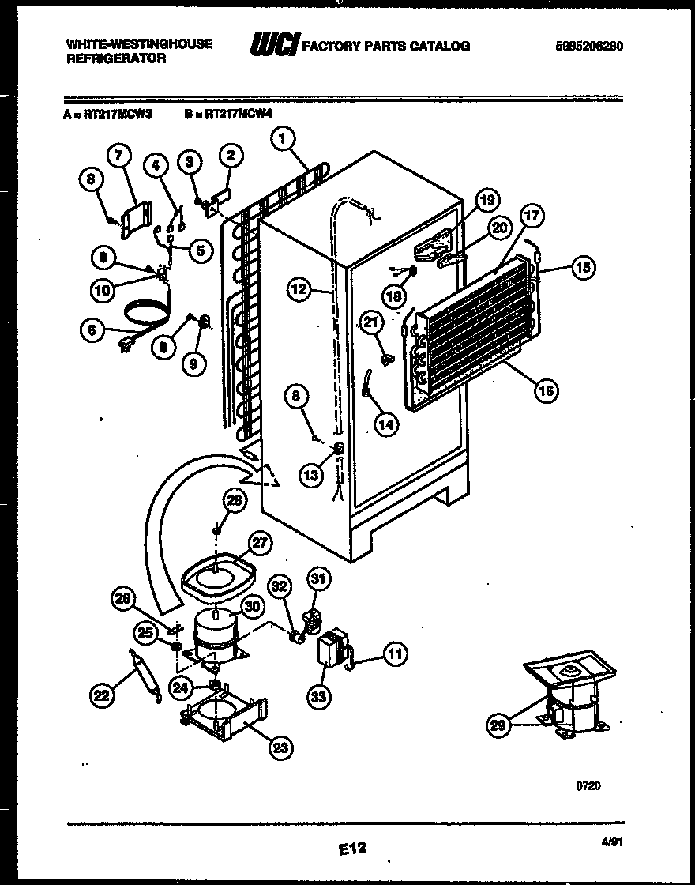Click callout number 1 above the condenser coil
click(283, 140)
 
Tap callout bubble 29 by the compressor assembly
click(498, 726)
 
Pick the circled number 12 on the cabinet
click(298, 289)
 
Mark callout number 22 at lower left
click(101, 695)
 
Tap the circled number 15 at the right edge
click(582, 267)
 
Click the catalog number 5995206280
click(588, 46)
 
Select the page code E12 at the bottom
click(353, 849)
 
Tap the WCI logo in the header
click(273, 46)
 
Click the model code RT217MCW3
click(117, 114)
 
